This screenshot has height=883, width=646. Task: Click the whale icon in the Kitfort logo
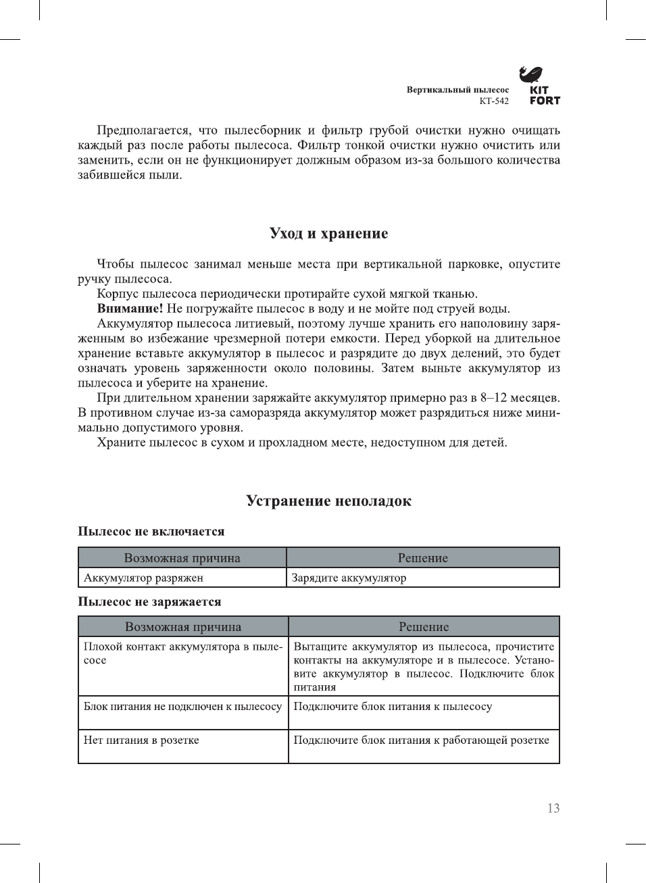(x=531, y=74)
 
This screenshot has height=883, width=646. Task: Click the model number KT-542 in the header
(x=494, y=101)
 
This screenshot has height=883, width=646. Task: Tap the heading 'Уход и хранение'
(x=328, y=234)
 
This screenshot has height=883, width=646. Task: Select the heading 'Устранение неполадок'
(x=328, y=501)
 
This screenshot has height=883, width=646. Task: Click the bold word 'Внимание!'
(x=130, y=309)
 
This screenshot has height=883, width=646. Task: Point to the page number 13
(x=553, y=809)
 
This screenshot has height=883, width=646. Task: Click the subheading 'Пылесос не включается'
(x=151, y=532)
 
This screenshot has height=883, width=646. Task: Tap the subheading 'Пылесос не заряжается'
(x=149, y=602)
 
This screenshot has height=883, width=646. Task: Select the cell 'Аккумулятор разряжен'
(x=143, y=578)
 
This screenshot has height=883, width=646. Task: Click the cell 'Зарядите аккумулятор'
(x=349, y=578)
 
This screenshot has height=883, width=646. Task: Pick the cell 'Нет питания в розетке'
(x=141, y=740)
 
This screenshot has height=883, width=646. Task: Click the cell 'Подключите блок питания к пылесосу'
(x=393, y=707)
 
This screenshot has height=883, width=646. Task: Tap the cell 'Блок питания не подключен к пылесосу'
(x=182, y=707)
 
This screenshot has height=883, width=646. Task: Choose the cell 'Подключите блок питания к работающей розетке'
(x=421, y=740)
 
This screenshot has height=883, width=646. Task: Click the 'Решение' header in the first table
(x=423, y=558)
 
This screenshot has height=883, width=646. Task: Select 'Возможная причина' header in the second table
(x=183, y=627)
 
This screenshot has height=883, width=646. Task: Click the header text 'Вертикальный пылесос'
(x=457, y=90)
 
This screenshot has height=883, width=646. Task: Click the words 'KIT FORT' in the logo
(x=545, y=95)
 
